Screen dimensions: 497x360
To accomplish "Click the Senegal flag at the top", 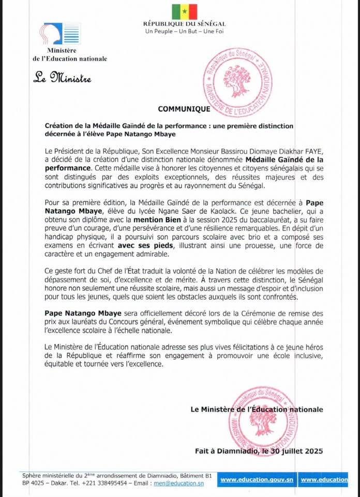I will [x=185, y=11].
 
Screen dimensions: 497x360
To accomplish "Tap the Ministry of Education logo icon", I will [x=62, y=34].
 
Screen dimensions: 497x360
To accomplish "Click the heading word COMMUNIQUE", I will [x=184, y=109].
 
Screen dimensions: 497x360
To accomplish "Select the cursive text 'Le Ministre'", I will [x=62, y=79].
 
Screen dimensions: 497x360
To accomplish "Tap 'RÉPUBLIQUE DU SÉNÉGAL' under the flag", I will [x=185, y=24].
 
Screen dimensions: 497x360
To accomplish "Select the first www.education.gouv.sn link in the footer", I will [x=257, y=480].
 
